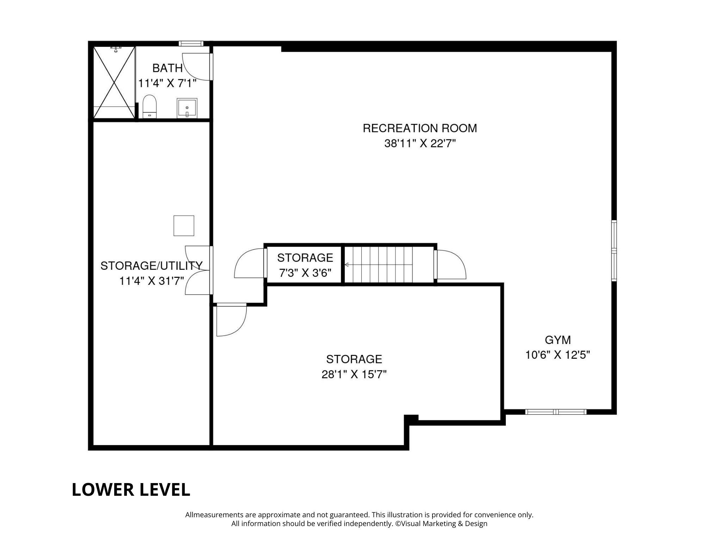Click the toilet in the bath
point(149,106)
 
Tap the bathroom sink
point(187,108)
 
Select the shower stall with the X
point(114,82)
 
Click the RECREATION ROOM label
point(419,128)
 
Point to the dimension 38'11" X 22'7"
point(420,144)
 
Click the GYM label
point(558,340)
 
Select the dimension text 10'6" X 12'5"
point(558,355)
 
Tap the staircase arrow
point(347,264)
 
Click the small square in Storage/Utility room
point(184,226)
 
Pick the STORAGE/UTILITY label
point(151,265)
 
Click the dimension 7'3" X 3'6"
point(305,273)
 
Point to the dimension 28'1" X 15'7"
point(354,374)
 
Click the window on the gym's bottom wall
point(556,412)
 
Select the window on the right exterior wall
point(614,251)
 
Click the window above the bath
point(191,44)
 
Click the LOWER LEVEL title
point(131,489)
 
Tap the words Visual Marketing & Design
point(444,524)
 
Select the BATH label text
point(167,68)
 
